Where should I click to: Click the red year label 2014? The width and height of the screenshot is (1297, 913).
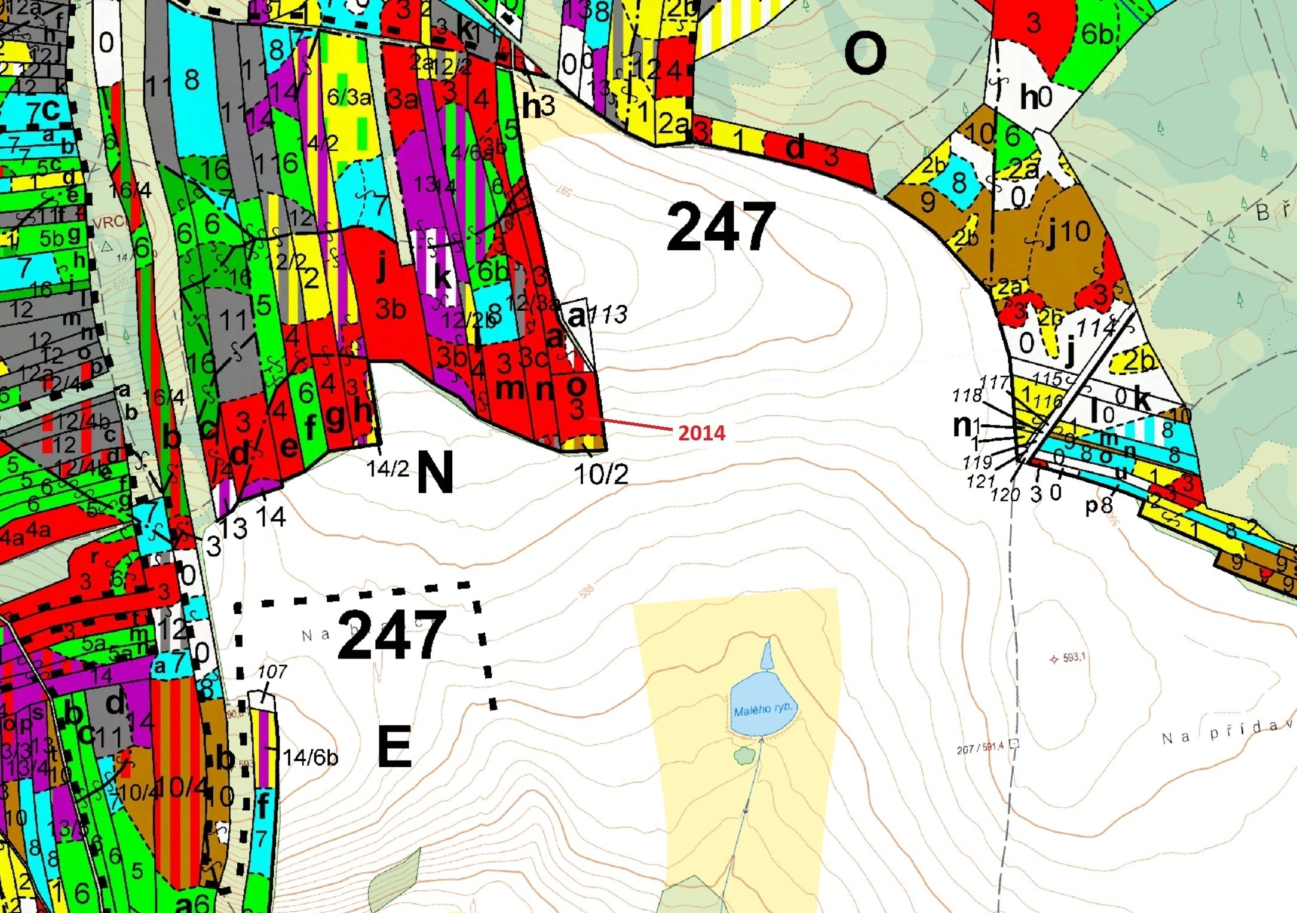click(701, 433)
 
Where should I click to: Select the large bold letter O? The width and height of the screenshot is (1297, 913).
click(864, 53)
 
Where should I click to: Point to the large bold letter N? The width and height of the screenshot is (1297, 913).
click(435, 472)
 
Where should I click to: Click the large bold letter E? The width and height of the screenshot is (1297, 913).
click(395, 746)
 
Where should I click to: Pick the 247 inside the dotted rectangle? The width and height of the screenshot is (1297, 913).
click(392, 635)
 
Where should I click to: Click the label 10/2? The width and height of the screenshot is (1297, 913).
click(601, 474)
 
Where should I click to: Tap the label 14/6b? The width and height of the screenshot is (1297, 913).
click(310, 758)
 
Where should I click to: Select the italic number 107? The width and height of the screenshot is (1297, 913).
click(272, 672)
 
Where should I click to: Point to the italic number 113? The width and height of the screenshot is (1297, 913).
click(608, 314)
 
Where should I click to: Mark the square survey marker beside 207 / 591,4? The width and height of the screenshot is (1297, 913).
click(1013, 744)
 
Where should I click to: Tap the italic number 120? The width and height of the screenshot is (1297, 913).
click(1005, 494)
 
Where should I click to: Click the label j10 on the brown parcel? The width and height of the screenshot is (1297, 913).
click(1069, 232)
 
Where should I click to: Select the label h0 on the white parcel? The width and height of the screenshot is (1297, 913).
click(1035, 97)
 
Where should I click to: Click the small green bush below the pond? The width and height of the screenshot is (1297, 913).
click(744, 756)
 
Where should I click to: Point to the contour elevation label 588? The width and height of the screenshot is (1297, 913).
click(587, 592)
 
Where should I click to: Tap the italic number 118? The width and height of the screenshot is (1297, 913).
click(967, 395)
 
